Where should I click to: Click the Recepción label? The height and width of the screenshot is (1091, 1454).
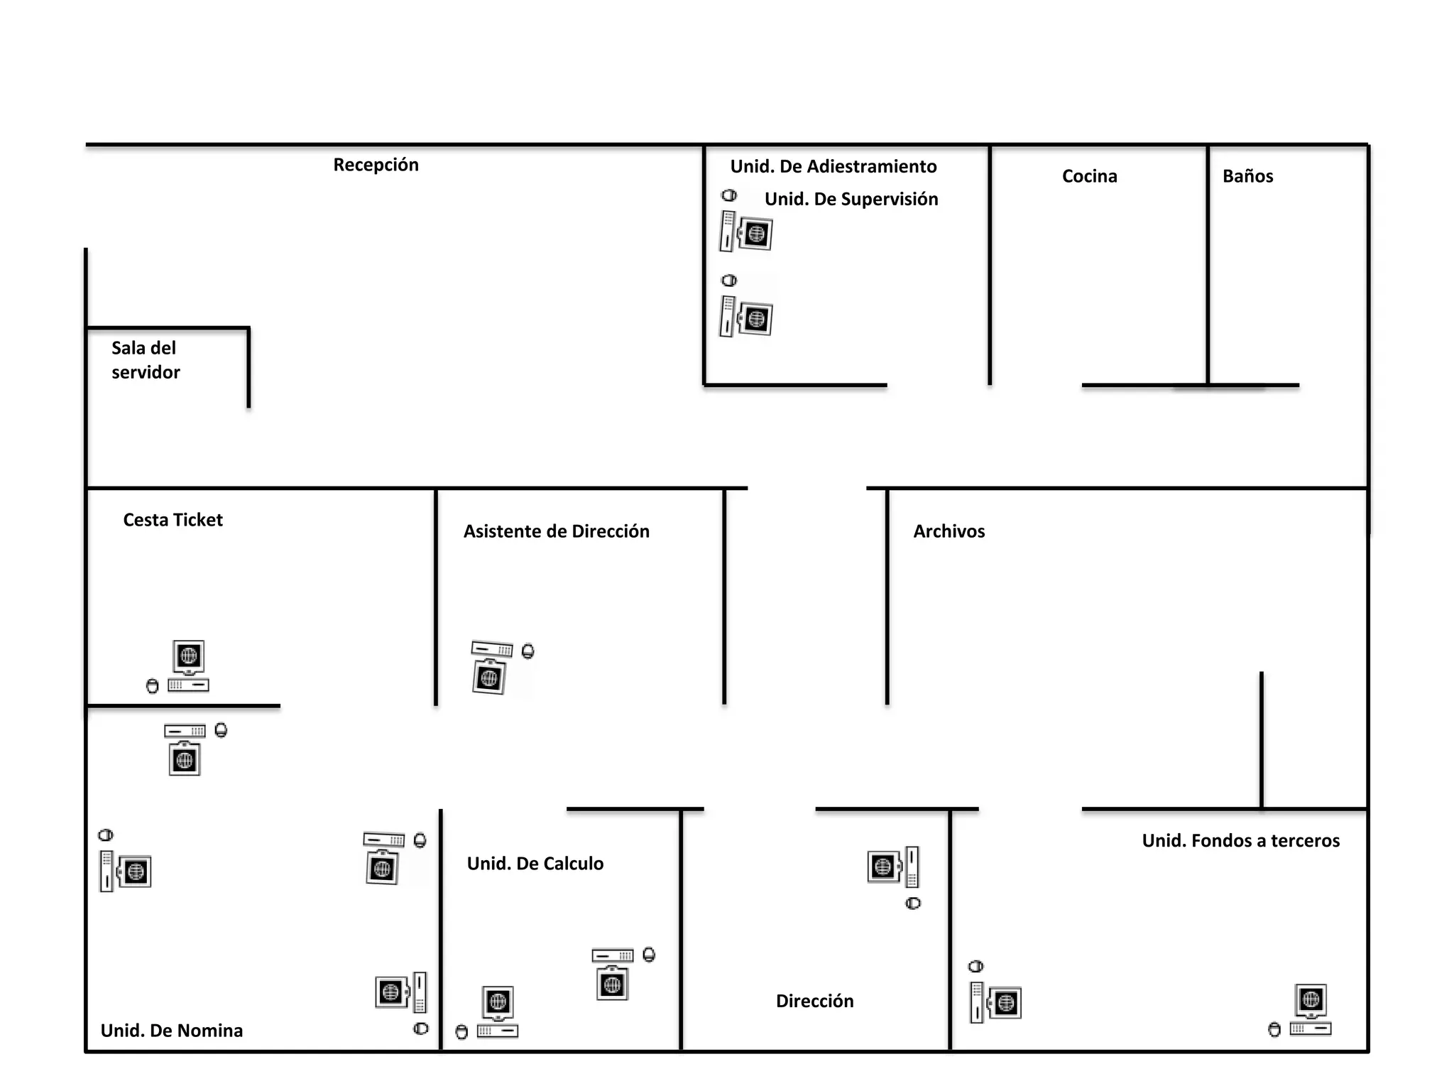click(376, 165)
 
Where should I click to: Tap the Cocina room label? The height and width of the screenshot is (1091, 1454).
click(1089, 176)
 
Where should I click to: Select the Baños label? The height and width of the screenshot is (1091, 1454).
click(1247, 176)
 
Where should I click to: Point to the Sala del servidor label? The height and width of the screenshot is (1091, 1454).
click(146, 360)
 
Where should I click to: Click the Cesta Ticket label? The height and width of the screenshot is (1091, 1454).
click(173, 520)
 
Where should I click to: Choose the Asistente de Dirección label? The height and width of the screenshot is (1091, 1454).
click(556, 531)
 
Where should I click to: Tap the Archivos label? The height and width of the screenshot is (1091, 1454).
click(949, 531)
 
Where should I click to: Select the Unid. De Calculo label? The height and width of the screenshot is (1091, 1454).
click(535, 864)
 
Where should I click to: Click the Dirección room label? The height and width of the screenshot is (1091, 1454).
click(814, 1001)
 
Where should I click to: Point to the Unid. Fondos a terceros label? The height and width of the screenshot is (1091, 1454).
click(1240, 841)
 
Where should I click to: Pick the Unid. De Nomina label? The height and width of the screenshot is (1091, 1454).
click(171, 1031)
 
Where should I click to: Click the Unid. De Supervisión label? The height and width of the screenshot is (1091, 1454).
click(851, 199)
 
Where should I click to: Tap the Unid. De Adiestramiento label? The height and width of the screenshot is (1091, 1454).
click(833, 166)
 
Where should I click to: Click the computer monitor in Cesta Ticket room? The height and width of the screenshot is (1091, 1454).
click(189, 656)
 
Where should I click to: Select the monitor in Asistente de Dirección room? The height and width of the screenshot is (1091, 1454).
click(489, 678)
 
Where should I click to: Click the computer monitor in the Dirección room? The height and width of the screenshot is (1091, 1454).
click(882, 867)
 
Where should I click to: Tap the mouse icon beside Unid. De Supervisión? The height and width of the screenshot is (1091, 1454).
click(729, 195)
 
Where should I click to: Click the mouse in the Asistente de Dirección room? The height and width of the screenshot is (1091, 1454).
click(528, 651)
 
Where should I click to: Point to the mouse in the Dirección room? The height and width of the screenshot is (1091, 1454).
click(913, 903)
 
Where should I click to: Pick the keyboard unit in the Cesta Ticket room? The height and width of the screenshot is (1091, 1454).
click(188, 685)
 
